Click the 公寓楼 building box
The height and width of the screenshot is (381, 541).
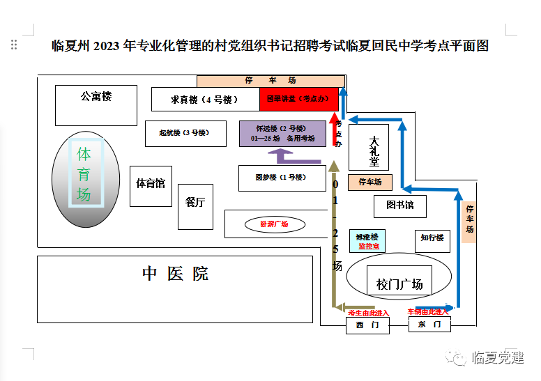tap(96, 105)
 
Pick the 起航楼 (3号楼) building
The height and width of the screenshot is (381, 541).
tap(186, 133)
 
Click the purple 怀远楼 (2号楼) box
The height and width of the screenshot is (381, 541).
tap(282, 134)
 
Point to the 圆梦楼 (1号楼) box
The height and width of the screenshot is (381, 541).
tap(282, 178)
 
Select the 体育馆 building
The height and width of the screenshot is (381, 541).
tap(151, 185)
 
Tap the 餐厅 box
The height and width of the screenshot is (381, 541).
tap(195, 205)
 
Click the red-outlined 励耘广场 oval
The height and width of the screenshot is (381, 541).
tap(274, 224)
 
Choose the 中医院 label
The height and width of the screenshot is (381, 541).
tap(175, 274)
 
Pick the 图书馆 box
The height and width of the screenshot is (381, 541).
tap(399, 205)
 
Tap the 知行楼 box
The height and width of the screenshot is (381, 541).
tap(432, 240)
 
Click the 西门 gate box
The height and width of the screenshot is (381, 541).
tap(367, 325)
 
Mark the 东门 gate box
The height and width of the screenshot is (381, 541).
tap(429, 325)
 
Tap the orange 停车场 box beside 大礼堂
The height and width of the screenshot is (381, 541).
tap(370, 182)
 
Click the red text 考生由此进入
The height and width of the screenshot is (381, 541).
tap(368, 313)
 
